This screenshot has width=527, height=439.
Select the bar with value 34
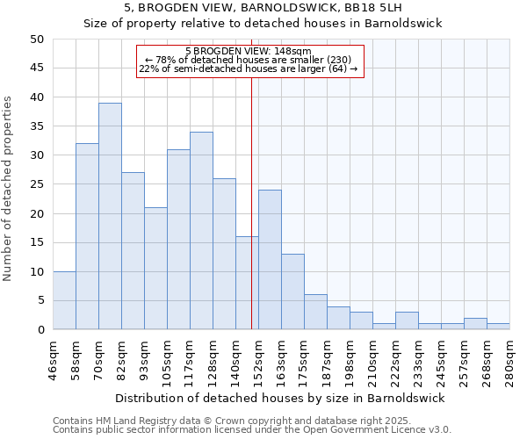click(201, 230)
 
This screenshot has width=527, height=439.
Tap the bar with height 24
click(270, 260)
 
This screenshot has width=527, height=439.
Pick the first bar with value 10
click(64, 300)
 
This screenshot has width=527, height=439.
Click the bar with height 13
click(292, 291)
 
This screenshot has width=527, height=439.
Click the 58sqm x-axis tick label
click(76, 358)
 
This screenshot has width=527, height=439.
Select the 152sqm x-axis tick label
click(258, 358)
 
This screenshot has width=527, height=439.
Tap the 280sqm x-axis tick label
click(509, 358)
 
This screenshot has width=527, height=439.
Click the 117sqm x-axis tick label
click(190, 358)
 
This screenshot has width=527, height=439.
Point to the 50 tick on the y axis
click(37, 40)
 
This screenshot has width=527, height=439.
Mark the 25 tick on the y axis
click(37, 184)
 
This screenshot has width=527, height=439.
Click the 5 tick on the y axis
click(40, 301)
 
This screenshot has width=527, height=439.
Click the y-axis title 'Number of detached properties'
click(9, 189)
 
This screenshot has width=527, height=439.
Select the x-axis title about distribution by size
click(280, 398)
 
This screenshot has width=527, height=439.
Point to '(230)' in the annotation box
click(337, 61)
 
